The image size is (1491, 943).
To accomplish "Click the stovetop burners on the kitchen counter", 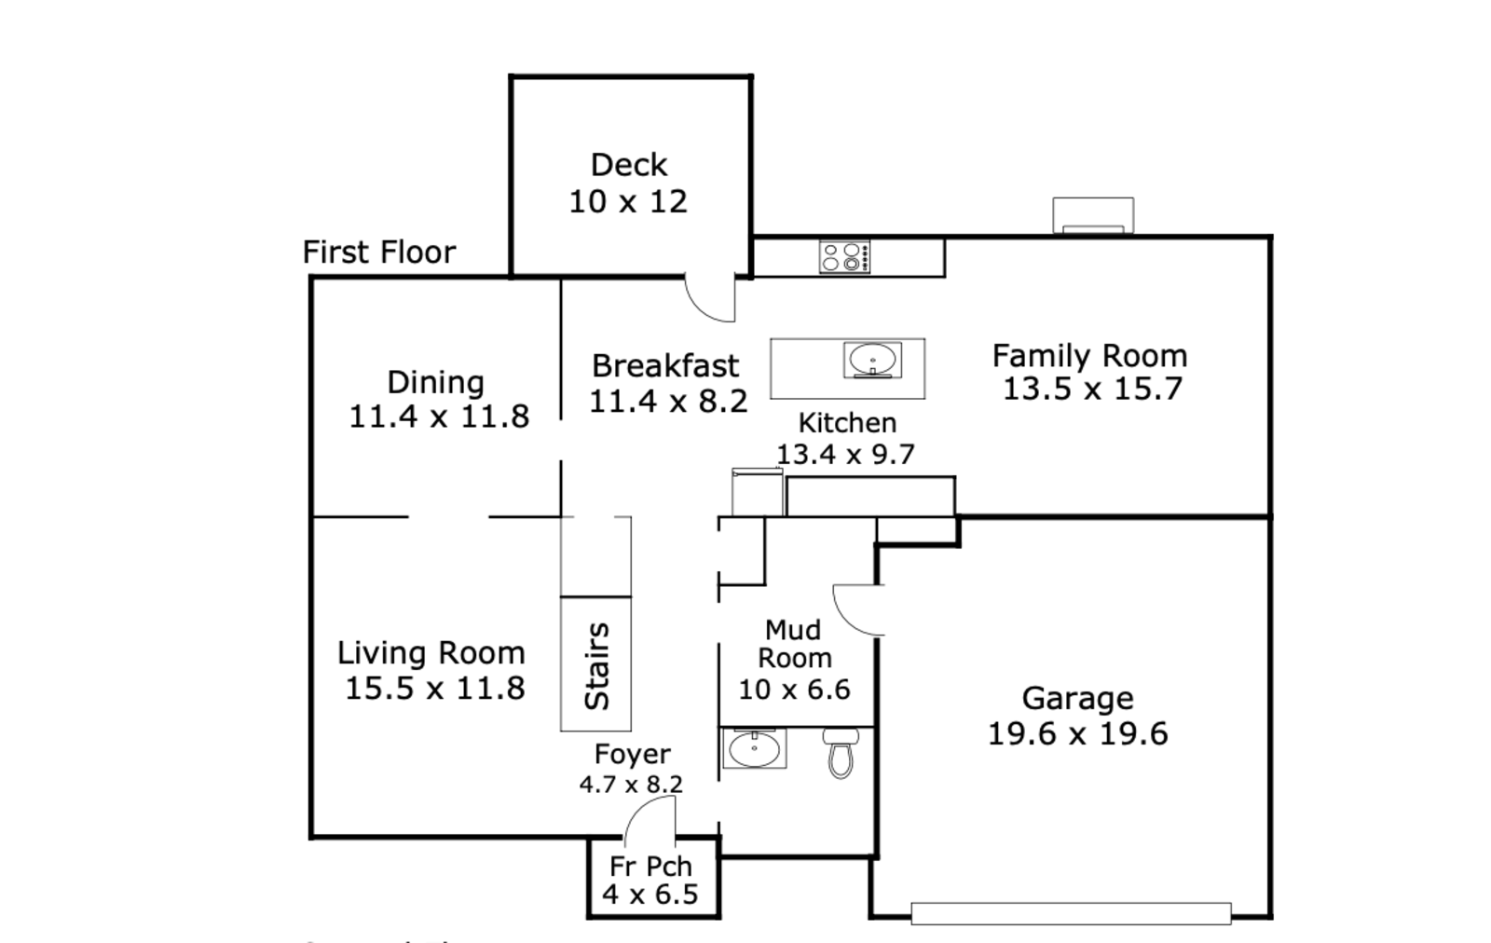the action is [x=844, y=257].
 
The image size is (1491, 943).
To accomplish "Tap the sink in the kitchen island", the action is [x=872, y=360].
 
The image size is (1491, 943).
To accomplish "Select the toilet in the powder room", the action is [x=841, y=753].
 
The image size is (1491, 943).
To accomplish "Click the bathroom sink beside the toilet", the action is [x=754, y=748].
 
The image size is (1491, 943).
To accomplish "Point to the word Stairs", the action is [x=596, y=665].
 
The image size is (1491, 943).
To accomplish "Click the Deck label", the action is [x=629, y=165].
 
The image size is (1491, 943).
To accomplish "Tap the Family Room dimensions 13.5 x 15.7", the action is [x=1092, y=389].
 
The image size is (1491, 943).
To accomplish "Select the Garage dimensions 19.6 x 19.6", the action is [x=1077, y=734].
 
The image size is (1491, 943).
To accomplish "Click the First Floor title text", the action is [x=379, y=253].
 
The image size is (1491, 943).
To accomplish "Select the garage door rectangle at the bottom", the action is [x=1071, y=914].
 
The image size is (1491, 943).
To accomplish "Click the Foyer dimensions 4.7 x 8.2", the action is [x=631, y=785].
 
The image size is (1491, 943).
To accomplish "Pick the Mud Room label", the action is [x=794, y=644].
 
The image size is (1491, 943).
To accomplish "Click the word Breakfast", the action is [x=665, y=366].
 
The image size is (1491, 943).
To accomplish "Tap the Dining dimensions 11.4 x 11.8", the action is [x=439, y=417].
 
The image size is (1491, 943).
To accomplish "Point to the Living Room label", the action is [x=431, y=653].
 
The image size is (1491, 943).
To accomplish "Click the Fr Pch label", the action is [x=651, y=867].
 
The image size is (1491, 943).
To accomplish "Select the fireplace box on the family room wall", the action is [x=1093, y=215].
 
